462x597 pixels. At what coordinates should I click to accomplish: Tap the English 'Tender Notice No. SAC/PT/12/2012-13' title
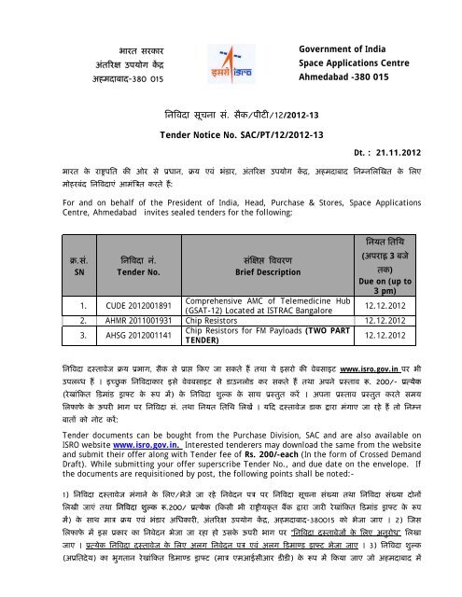(231, 133)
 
